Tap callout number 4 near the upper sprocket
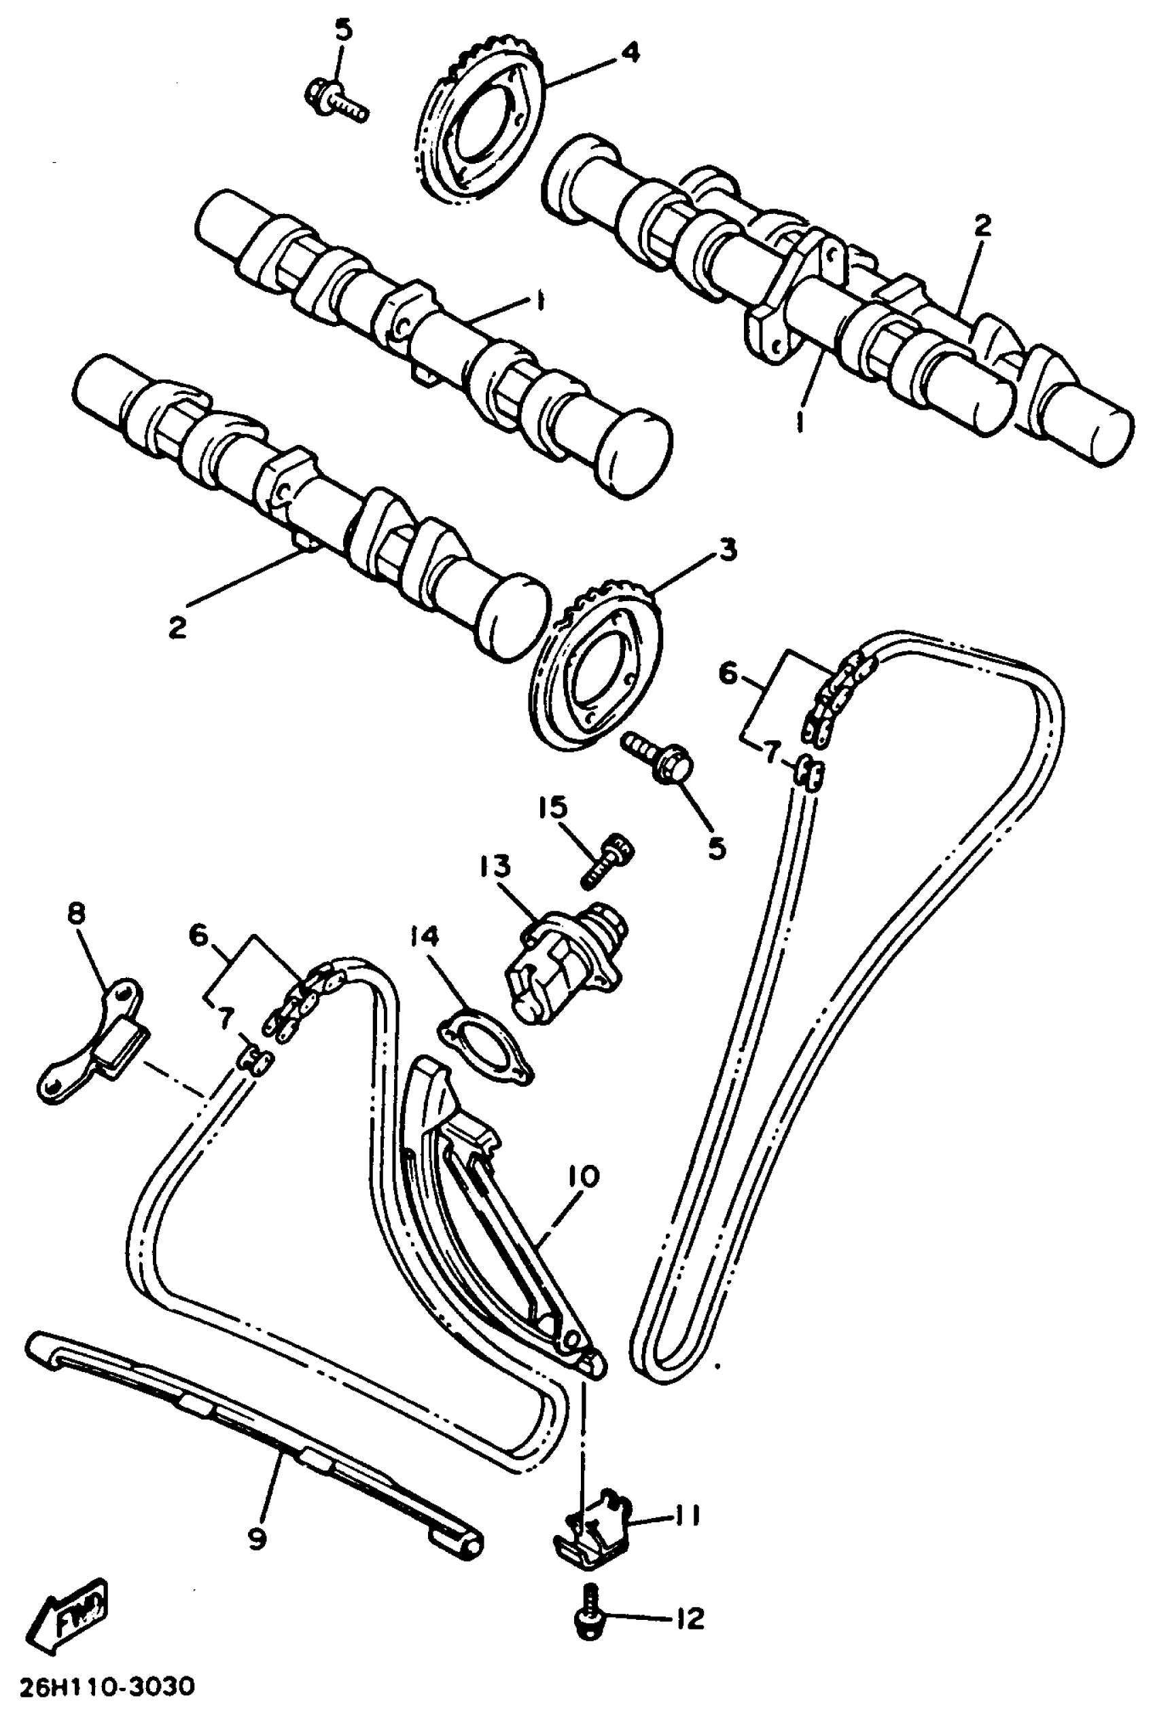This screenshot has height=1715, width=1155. point(630,52)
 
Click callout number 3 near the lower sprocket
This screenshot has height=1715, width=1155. point(728,550)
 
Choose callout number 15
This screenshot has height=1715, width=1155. point(552,808)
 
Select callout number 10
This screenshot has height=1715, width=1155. point(582,1176)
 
